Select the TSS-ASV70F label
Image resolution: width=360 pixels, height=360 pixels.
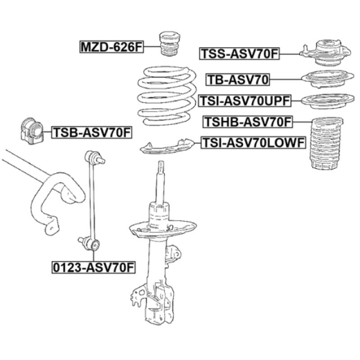pyautogui.click(x=240, y=54)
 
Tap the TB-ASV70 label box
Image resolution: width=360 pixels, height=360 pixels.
pyautogui.click(x=238, y=80)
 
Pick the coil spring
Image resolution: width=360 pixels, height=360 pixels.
pyautogui.click(x=165, y=97)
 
